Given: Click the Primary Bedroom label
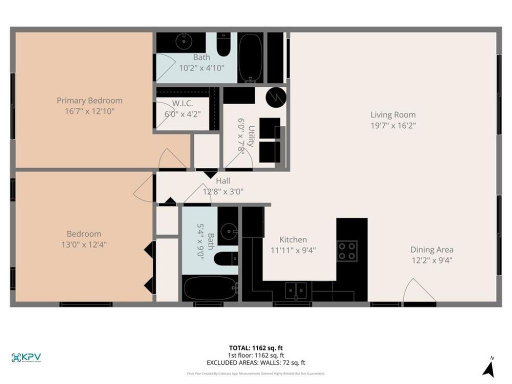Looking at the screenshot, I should [89, 100].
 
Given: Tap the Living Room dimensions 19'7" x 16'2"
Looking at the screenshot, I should [392, 125].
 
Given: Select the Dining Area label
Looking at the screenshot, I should [431, 249].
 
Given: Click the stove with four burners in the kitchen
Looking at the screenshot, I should [347, 250].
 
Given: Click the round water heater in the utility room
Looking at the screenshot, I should [275, 98].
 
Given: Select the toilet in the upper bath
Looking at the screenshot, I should [223, 46].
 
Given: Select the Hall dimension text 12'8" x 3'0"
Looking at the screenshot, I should [223, 191].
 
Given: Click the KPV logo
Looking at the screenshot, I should [26, 357].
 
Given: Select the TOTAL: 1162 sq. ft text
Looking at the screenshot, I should [256, 348].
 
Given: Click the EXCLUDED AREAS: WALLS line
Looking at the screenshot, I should [256, 363].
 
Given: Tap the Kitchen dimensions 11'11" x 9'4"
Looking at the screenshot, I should [293, 250].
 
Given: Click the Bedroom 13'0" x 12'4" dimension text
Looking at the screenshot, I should [84, 244].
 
